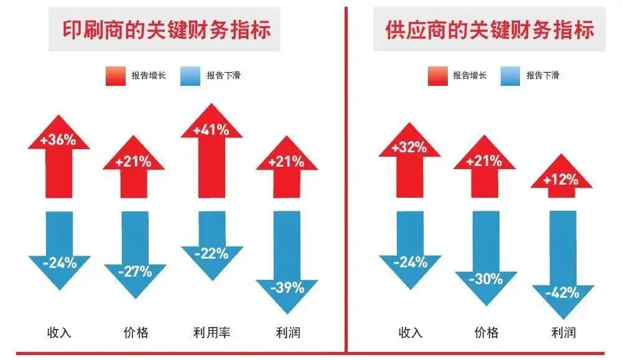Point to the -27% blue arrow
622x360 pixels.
(135, 255)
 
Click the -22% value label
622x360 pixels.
(211, 254)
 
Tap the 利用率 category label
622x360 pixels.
(211, 332)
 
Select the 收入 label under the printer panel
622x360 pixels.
(59, 332)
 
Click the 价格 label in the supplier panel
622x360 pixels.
(486, 332)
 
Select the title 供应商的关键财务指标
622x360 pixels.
(490, 30)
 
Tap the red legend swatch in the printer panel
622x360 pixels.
(114, 76)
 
